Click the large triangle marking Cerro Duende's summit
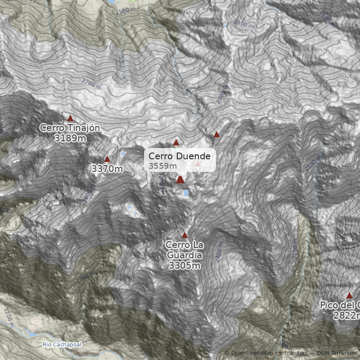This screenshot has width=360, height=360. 180,180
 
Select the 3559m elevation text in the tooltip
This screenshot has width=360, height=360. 162,166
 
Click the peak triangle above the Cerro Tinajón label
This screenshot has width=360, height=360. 70,118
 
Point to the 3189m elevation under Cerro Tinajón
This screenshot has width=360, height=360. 70,138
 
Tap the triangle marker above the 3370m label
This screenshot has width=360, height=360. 107,159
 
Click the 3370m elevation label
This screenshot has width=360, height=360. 107,169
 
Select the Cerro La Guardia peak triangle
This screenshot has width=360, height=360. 184,235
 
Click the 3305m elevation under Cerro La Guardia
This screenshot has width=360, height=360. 184,266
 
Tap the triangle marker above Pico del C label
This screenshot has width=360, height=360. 349,296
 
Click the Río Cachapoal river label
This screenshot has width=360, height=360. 62,345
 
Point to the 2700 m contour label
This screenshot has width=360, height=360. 91,84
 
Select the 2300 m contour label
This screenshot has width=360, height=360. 244,24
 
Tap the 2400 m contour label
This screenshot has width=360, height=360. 220,254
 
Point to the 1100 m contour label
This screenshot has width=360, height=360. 8,315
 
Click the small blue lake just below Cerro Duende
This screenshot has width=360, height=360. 186,193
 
